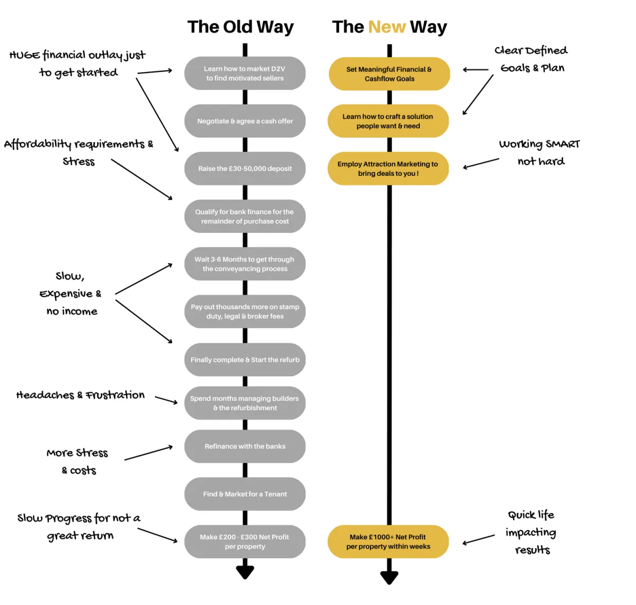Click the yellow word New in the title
point(387,27)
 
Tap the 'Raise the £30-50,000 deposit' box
point(245,168)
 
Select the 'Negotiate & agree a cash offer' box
point(245,121)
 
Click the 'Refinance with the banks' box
point(245,446)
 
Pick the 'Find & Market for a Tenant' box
point(245,494)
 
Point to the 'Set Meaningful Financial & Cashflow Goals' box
point(389,74)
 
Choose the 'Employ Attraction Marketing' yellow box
point(388,168)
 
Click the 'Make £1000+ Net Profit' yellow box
point(388,541)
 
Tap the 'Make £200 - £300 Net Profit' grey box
point(245,541)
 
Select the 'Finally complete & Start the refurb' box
point(245,360)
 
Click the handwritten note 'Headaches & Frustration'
point(81,395)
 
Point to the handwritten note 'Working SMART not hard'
point(540,153)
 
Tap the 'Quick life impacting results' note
point(531,532)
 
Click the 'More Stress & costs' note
point(78,461)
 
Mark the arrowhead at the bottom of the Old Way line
point(245,572)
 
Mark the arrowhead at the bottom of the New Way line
point(389,577)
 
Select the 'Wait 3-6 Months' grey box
point(245,264)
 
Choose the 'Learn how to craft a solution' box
point(388,121)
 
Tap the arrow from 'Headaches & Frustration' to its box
point(166,400)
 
